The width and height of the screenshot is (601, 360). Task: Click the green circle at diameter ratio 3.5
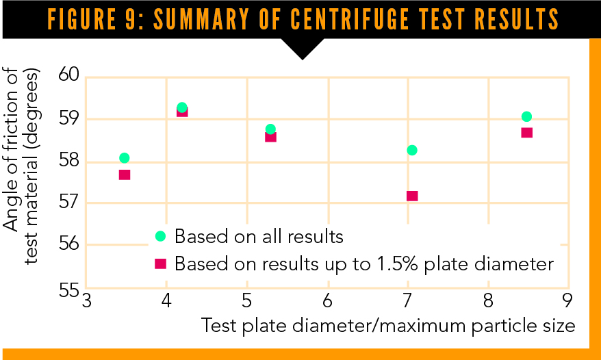pos(124,158)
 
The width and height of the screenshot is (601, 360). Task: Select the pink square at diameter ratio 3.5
pos(125,175)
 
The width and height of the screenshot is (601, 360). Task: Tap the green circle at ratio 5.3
pos(270,129)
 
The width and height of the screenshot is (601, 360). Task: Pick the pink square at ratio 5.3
pos(270,136)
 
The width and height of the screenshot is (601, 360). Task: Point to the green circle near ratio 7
pos(412,150)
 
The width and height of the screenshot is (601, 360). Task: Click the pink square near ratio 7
pos(412,196)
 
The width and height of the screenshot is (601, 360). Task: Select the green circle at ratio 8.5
pos(526,116)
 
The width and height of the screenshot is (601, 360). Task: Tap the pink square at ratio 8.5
pos(526,132)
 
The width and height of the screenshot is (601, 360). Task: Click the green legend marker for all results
pos(160,236)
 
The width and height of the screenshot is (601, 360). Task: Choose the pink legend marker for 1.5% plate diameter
pos(160,263)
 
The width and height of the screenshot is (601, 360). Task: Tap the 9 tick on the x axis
pos(567,301)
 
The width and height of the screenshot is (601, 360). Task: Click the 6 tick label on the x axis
pos(328,301)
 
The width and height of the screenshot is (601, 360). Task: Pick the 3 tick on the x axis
pos(87,301)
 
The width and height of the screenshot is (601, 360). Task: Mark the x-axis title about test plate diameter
pos(388,326)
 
